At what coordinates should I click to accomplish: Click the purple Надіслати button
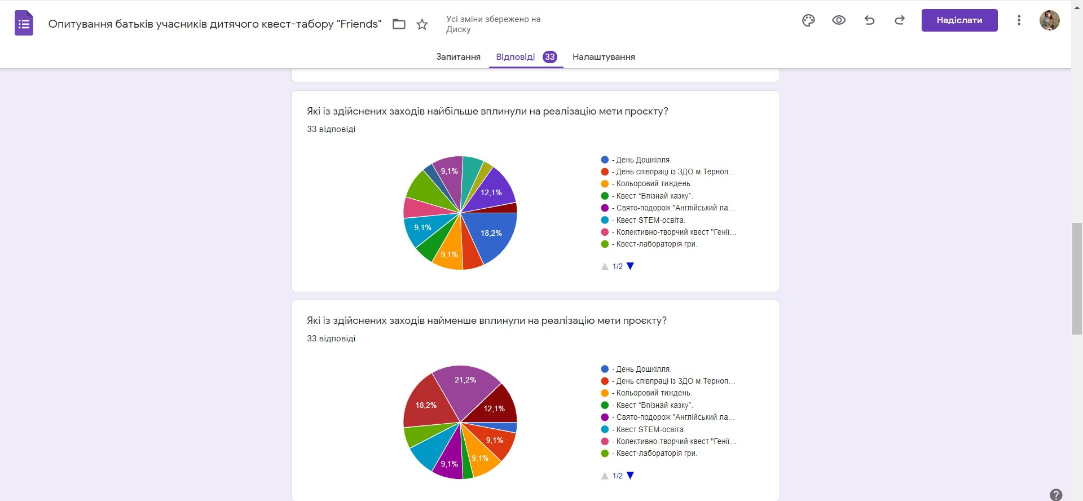[x=959, y=20]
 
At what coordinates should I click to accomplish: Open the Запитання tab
[x=458, y=57]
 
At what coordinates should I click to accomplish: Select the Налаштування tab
[x=604, y=57]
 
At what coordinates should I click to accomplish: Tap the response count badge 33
[x=549, y=57]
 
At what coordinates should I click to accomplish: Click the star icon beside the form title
[x=422, y=24]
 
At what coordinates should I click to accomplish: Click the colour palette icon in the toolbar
[x=808, y=20]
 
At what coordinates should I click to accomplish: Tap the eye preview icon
[x=839, y=20]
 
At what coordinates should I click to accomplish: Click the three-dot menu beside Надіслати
[x=1019, y=20]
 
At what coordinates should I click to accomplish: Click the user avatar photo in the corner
[x=1049, y=20]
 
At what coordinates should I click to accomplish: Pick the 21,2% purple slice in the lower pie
[x=466, y=384]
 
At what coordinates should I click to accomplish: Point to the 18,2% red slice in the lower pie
[x=427, y=403]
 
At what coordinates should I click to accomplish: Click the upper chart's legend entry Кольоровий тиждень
[x=653, y=184]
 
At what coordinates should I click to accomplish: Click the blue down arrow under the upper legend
[x=631, y=266]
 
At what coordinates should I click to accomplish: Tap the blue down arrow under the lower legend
[x=631, y=476]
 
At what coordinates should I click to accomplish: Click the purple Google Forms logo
[x=24, y=24]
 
